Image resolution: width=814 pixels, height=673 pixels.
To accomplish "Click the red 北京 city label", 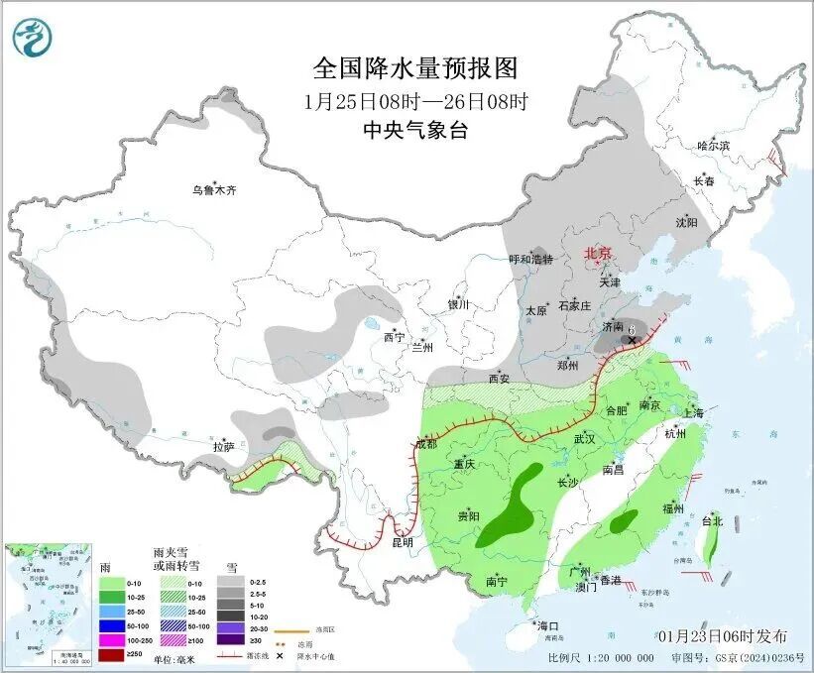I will tap(598, 253).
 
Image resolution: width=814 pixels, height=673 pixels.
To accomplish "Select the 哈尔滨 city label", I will tap(712, 146).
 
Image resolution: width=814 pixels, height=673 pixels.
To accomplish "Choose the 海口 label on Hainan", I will tap(548, 625).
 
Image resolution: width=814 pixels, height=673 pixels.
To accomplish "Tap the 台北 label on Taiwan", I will tap(712, 520).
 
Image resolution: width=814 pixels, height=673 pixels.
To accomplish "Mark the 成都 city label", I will tap(423, 443).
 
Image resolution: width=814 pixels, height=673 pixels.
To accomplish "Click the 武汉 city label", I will tap(582, 437).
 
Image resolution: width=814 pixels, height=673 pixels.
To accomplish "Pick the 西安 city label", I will tap(500, 379).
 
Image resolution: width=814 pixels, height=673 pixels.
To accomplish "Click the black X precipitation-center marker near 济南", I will tap(631, 341).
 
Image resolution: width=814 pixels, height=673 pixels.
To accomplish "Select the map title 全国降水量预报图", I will tap(415, 68).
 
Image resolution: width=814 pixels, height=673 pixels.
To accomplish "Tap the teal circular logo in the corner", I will tap(34, 38).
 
